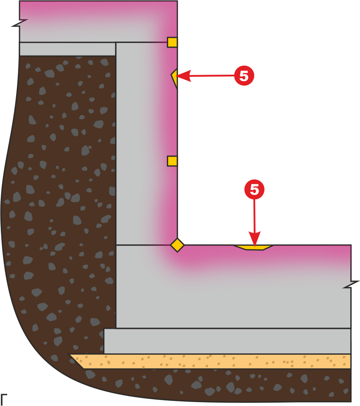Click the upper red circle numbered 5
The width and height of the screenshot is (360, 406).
pos(244,76)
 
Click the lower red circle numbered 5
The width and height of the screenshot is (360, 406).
pos(254,190)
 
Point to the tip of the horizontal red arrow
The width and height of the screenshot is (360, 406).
pos(176,76)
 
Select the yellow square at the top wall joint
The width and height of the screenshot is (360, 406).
pos(172,42)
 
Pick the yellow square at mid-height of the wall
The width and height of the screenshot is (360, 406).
pos(172,161)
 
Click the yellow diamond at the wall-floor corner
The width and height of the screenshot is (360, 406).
pos(177,245)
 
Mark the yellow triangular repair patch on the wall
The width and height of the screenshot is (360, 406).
pos(174,78)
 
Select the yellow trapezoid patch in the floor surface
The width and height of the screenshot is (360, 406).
pos(253,247)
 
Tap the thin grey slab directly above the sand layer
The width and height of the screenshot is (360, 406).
pos(227,341)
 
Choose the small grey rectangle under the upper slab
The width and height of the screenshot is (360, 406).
pos(67,49)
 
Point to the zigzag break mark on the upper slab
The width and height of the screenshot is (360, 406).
pos(20,23)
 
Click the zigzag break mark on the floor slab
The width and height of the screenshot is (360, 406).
pos(351,284)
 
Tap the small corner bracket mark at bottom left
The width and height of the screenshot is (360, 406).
pos(4,398)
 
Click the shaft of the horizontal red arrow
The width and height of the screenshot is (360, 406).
pos(213,76)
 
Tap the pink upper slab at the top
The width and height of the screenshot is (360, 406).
pos(98,21)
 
